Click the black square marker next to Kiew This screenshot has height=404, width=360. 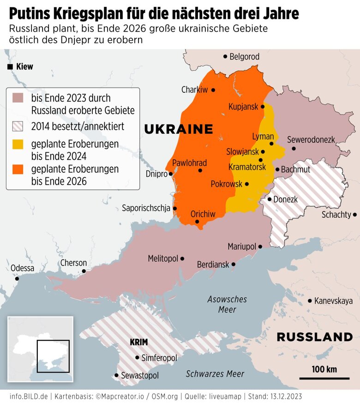pos(10,67)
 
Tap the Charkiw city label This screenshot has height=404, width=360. pos(194,90)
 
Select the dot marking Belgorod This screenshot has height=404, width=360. pos(225,56)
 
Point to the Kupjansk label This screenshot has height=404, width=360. pos(243,107)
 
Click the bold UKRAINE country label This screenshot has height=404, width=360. pos(179,129)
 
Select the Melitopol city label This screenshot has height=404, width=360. pos(162,259)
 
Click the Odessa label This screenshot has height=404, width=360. pos(22,268)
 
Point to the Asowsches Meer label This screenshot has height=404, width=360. pos(227,304)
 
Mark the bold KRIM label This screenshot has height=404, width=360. pos(138,343)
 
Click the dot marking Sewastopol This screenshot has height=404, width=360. pos(116,376)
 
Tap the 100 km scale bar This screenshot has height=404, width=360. pos(324,378)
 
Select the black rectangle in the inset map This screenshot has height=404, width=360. pos(53,356)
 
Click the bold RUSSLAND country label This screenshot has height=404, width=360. pos(314,337)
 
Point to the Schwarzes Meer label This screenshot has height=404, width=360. pos(215,374)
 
